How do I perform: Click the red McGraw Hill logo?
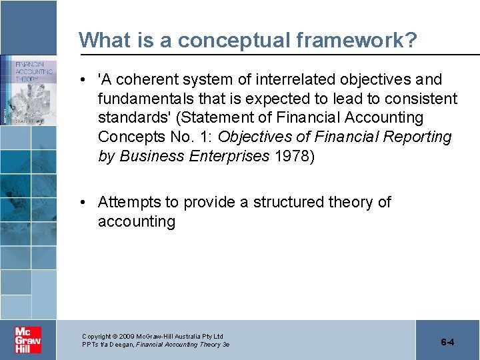point(28,340)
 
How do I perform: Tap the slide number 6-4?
point(447,342)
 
